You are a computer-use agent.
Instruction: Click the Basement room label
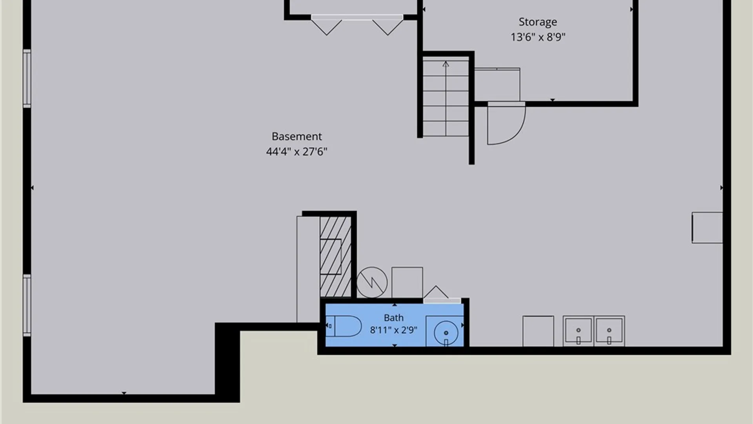[x=296, y=136]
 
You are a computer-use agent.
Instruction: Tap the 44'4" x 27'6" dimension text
[x=296, y=152]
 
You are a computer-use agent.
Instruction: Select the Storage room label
[x=538, y=22]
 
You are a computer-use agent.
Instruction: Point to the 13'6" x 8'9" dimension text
[x=538, y=37]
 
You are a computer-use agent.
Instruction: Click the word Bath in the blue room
[x=393, y=318]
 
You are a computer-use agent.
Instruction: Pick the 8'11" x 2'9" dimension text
[x=393, y=330]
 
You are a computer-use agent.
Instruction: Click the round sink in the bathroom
[x=446, y=333]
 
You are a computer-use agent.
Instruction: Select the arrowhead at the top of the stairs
[x=446, y=63]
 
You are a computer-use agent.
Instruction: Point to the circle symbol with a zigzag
[x=372, y=282]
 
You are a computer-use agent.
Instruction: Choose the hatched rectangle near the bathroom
[x=335, y=257]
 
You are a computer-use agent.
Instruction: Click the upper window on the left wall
[x=27, y=79]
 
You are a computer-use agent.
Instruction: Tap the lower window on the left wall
[x=27, y=305]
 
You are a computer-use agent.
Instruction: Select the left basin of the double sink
[x=578, y=331]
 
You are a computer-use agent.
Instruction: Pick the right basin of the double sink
[x=609, y=331]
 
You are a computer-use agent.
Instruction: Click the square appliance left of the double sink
[x=538, y=331]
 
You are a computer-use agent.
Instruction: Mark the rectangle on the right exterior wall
[x=707, y=228]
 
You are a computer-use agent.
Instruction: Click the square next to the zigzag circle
[x=407, y=282]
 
